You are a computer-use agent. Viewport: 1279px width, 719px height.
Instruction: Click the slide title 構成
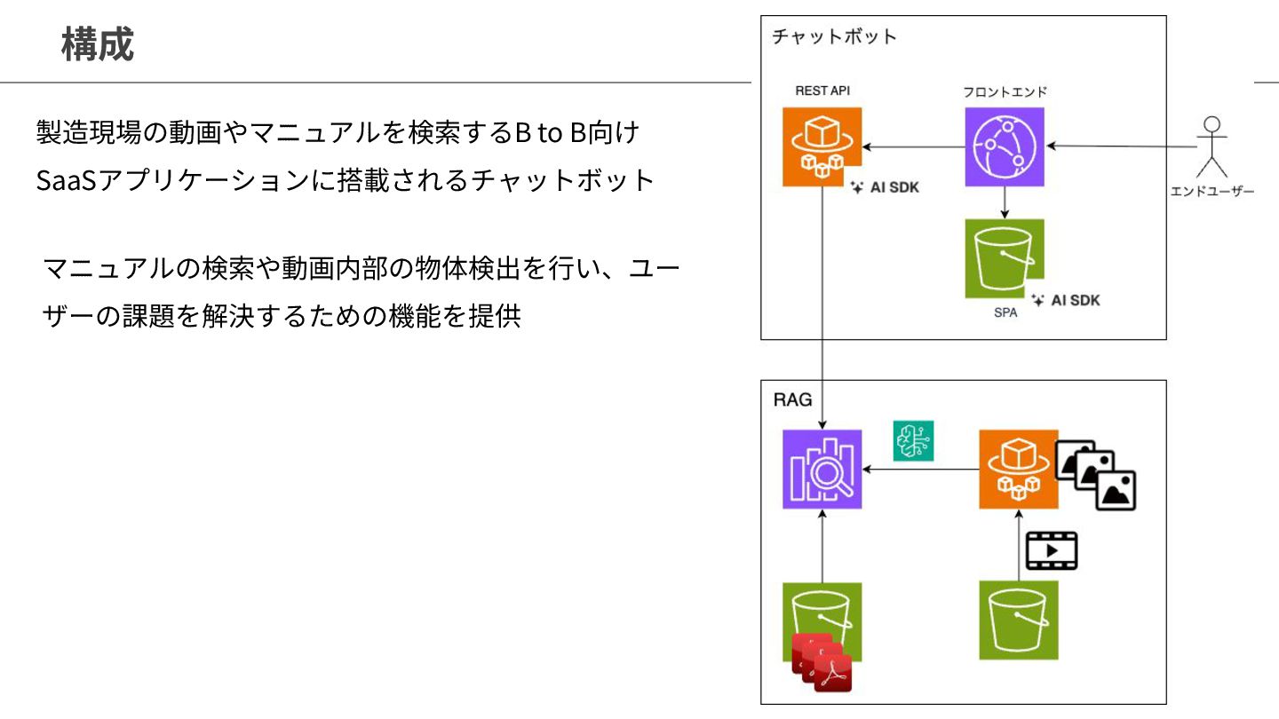tap(98, 45)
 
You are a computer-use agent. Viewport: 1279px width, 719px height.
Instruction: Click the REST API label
tap(822, 91)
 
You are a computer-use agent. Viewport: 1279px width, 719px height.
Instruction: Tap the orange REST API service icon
tap(822, 146)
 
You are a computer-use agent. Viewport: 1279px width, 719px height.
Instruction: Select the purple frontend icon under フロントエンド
tap(1005, 146)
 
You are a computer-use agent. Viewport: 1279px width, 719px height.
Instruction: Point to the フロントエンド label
tap(1005, 91)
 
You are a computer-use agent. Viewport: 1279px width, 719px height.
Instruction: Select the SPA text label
tap(1005, 313)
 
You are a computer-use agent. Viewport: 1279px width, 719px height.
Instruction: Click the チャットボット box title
tap(834, 37)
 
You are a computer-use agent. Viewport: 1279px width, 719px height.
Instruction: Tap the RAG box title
tap(792, 399)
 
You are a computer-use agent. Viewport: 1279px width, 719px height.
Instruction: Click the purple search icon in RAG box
tap(822, 469)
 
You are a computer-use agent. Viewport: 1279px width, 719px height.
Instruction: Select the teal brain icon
tap(913, 441)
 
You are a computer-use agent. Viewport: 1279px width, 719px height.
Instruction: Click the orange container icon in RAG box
tap(1018, 469)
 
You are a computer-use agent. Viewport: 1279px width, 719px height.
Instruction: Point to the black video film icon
tap(1051, 550)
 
